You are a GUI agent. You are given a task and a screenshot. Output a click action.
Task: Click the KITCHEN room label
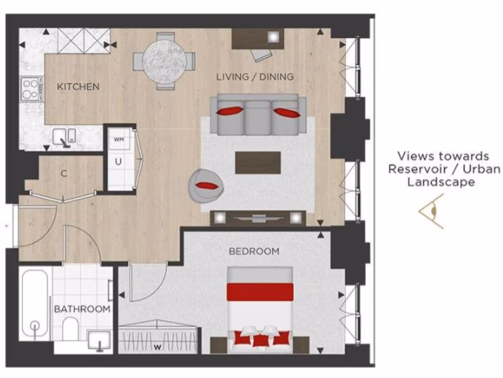pyautogui.click(x=78, y=87)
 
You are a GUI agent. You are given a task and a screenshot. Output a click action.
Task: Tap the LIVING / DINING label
pyautogui.click(x=255, y=77)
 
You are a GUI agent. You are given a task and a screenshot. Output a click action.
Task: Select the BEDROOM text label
pyautogui.click(x=253, y=252)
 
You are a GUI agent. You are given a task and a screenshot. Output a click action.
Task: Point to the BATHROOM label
pyautogui.click(x=82, y=309)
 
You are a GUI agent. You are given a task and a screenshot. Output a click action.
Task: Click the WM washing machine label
pyautogui.click(x=118, y=140)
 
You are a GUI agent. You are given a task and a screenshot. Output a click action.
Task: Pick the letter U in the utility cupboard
pyautogui.click(x=118, y=160)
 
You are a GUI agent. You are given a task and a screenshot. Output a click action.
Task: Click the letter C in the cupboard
pyautogui.click(x=63, y=173)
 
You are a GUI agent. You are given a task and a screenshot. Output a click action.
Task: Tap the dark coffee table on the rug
pyautogui.click(x=258, y=162)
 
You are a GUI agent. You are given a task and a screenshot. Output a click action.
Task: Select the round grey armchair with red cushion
pyautogui.click(x=205, y=184)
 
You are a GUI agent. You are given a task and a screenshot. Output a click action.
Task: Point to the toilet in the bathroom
pyautogui.click(x=71, y=327)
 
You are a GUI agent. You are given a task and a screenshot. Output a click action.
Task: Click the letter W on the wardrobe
pyautogui.click(x=157, y=347)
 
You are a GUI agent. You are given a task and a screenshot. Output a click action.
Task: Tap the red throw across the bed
pyautogui.click(x=259, y=291)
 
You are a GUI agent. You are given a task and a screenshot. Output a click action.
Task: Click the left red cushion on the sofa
pyautogui.click(x=229, y=111)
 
